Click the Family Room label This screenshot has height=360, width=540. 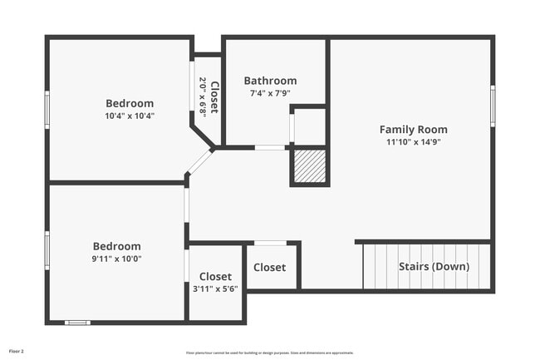click(x=413, y=129)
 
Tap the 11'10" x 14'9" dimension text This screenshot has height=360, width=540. click(x=413, y=142)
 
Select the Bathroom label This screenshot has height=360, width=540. click(x=270, y=81)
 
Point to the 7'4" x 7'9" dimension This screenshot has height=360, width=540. click(x=270, y=93)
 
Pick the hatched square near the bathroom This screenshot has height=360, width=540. click(x=309, y=167)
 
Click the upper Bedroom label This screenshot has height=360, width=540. click(x=130, y=103)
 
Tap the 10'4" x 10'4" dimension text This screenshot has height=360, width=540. click(x=130, y=116)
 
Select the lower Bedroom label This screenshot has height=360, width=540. click(x=116, y=246)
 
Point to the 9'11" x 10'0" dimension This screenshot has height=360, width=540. click(x=116, y=259)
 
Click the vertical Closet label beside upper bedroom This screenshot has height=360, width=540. click(x=214, y=97)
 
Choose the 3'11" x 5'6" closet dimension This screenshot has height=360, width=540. click(x=215, y=288)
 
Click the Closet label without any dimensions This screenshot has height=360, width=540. click(x=270, y=268)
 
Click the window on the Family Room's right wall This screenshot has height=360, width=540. click(x=493, y=106)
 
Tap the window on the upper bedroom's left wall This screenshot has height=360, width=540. click(x=47, y=110)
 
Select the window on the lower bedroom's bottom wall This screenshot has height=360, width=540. click(x=77, y=322)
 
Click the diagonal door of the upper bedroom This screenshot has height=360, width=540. click(x=200, y=161)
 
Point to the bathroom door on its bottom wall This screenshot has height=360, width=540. click(x=269, y=148)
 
